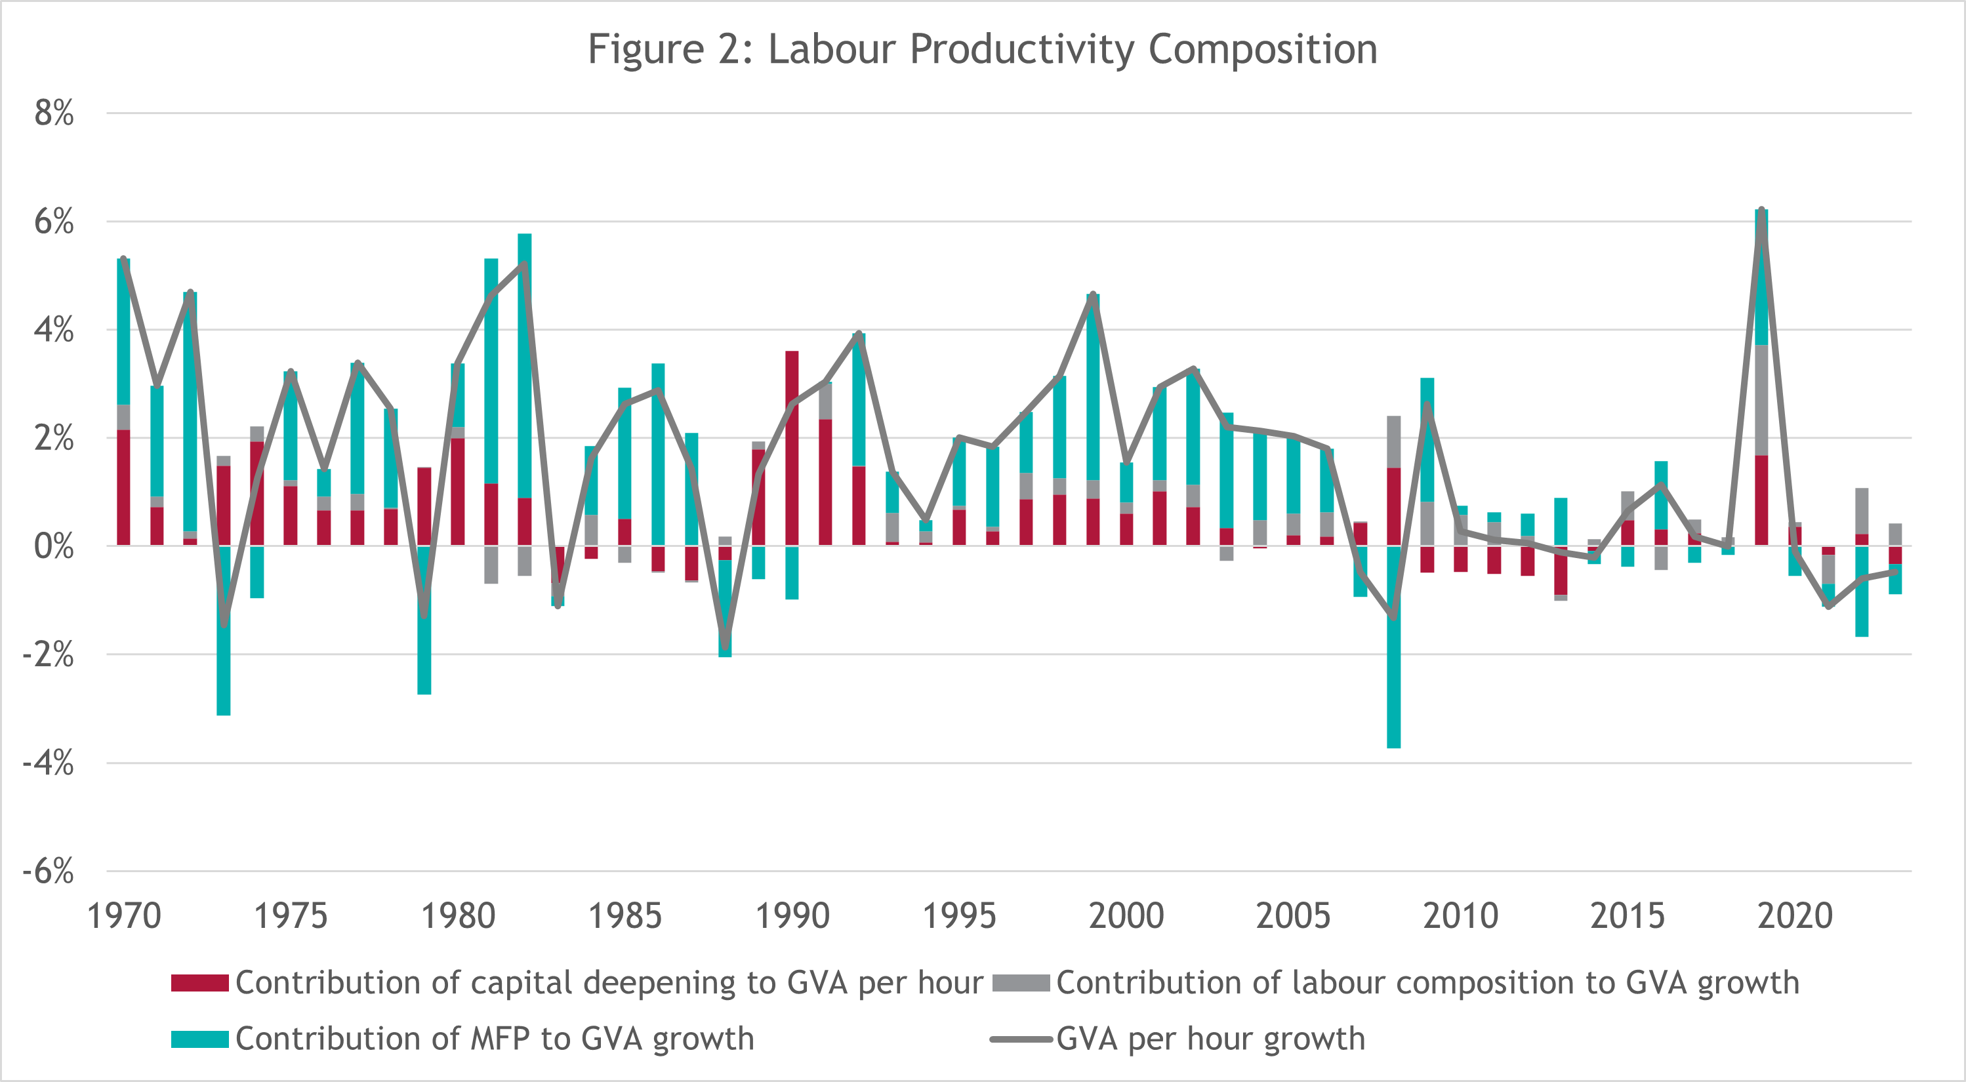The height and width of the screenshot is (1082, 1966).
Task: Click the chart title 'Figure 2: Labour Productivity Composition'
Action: [982, 50]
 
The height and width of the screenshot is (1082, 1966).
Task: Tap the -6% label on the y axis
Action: [49, 871]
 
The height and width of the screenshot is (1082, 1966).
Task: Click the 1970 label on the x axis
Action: [123, 915]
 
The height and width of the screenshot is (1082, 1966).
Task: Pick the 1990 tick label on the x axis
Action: [792, 915]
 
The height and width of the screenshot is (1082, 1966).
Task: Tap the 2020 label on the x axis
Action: [1795, 915]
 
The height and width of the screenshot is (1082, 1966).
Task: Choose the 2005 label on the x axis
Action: [1294, 915]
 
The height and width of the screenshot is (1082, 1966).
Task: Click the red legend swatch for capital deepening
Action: [199, 983]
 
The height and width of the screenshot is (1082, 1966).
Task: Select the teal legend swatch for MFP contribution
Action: [199, 1039]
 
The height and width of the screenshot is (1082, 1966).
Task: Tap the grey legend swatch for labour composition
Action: [1021, 983]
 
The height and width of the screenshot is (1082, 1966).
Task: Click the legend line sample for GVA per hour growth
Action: [1021, 1039]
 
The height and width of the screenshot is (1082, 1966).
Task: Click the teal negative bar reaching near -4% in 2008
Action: [1393, 671]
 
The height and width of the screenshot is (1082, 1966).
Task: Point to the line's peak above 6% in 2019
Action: [1761, 210]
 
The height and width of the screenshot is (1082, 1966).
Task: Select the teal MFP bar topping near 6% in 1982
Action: [524, 367]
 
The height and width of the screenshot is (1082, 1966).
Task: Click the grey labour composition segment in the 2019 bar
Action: [1761, 400]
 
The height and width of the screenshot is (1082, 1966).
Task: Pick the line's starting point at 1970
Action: [123, 260]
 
